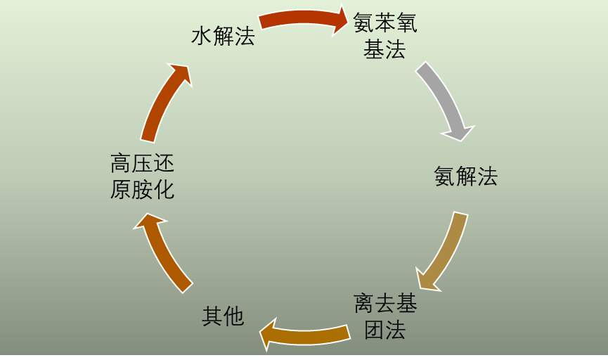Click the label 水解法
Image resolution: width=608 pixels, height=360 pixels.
[x=223, y=36]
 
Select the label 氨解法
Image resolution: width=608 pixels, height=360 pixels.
[x=465, y=176]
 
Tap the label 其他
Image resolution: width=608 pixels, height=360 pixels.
[x=223, y=316]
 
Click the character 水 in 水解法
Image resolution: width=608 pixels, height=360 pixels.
[x=202, y=36]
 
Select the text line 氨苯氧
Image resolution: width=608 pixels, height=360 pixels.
[x=384, y=23]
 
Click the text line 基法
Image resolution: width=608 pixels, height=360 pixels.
[x=384, y=49]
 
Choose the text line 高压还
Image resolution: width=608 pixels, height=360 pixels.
[x=142, y=164]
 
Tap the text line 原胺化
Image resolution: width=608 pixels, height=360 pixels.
[x=142, y=189]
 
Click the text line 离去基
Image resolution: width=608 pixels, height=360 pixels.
[x=384, y=304]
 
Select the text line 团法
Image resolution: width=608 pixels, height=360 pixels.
[x=384, y=329]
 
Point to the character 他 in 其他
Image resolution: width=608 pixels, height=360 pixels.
[x=233, y=316]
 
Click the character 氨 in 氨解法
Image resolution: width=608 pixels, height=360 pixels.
[x=444, y=176]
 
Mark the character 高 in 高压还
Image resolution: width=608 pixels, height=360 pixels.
[x=121, y=164]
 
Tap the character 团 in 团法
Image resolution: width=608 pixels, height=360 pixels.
[x=374, y=329]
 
